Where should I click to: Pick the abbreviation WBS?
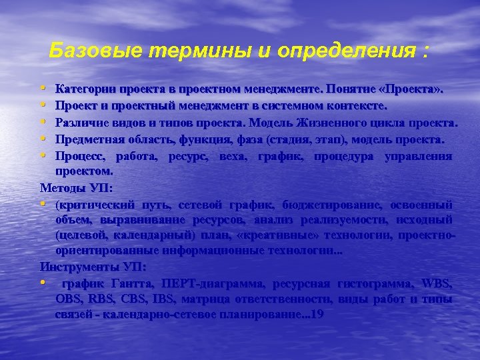click(437, 284)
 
